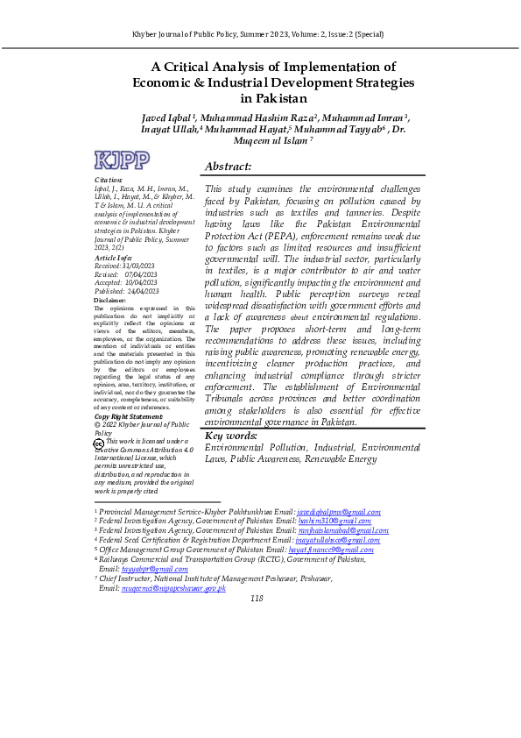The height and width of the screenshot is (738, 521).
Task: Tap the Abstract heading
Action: tap(228, 167)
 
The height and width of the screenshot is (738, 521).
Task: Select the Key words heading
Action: tap(230, 436)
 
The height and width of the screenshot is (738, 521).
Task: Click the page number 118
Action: tap(257, 574)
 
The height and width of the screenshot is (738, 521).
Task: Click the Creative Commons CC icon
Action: tap(98, 444)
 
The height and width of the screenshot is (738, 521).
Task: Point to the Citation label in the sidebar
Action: tap(108, 180)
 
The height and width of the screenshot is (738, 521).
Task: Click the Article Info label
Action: tap(112, 259)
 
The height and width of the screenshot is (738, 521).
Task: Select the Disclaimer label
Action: tap(109, 301)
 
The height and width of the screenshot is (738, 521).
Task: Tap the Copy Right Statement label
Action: tap(127, 416)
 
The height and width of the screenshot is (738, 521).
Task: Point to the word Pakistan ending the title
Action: tap(271, 99)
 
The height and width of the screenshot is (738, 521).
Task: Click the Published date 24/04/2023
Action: tap(143, 291)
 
